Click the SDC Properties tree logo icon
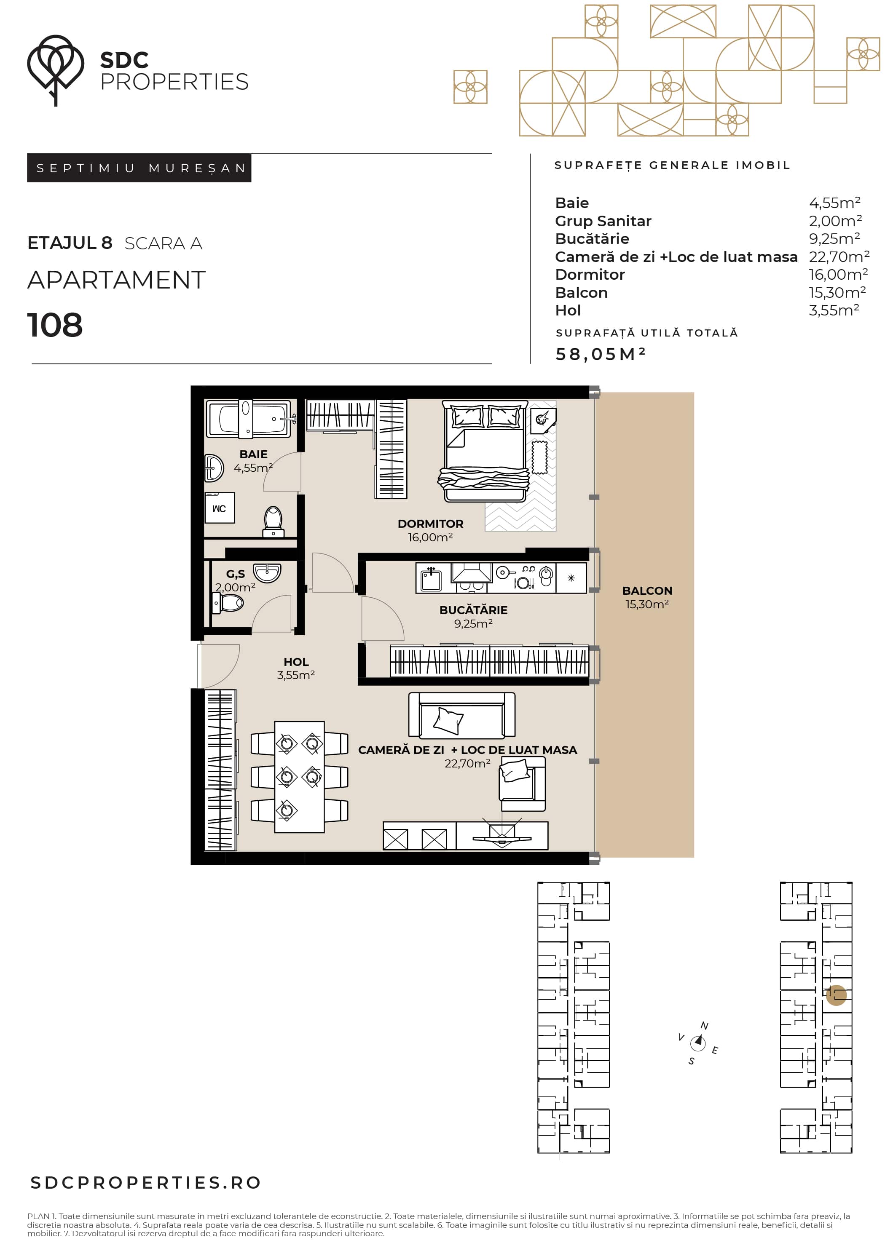55,70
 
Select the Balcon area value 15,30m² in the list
837,293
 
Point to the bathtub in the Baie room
249,418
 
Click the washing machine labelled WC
220,508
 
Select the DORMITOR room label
430,524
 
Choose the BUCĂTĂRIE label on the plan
473,610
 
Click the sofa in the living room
462,715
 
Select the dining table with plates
299,777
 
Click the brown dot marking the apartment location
836,995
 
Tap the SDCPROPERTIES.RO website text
145,1183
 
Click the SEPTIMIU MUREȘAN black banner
139,168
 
